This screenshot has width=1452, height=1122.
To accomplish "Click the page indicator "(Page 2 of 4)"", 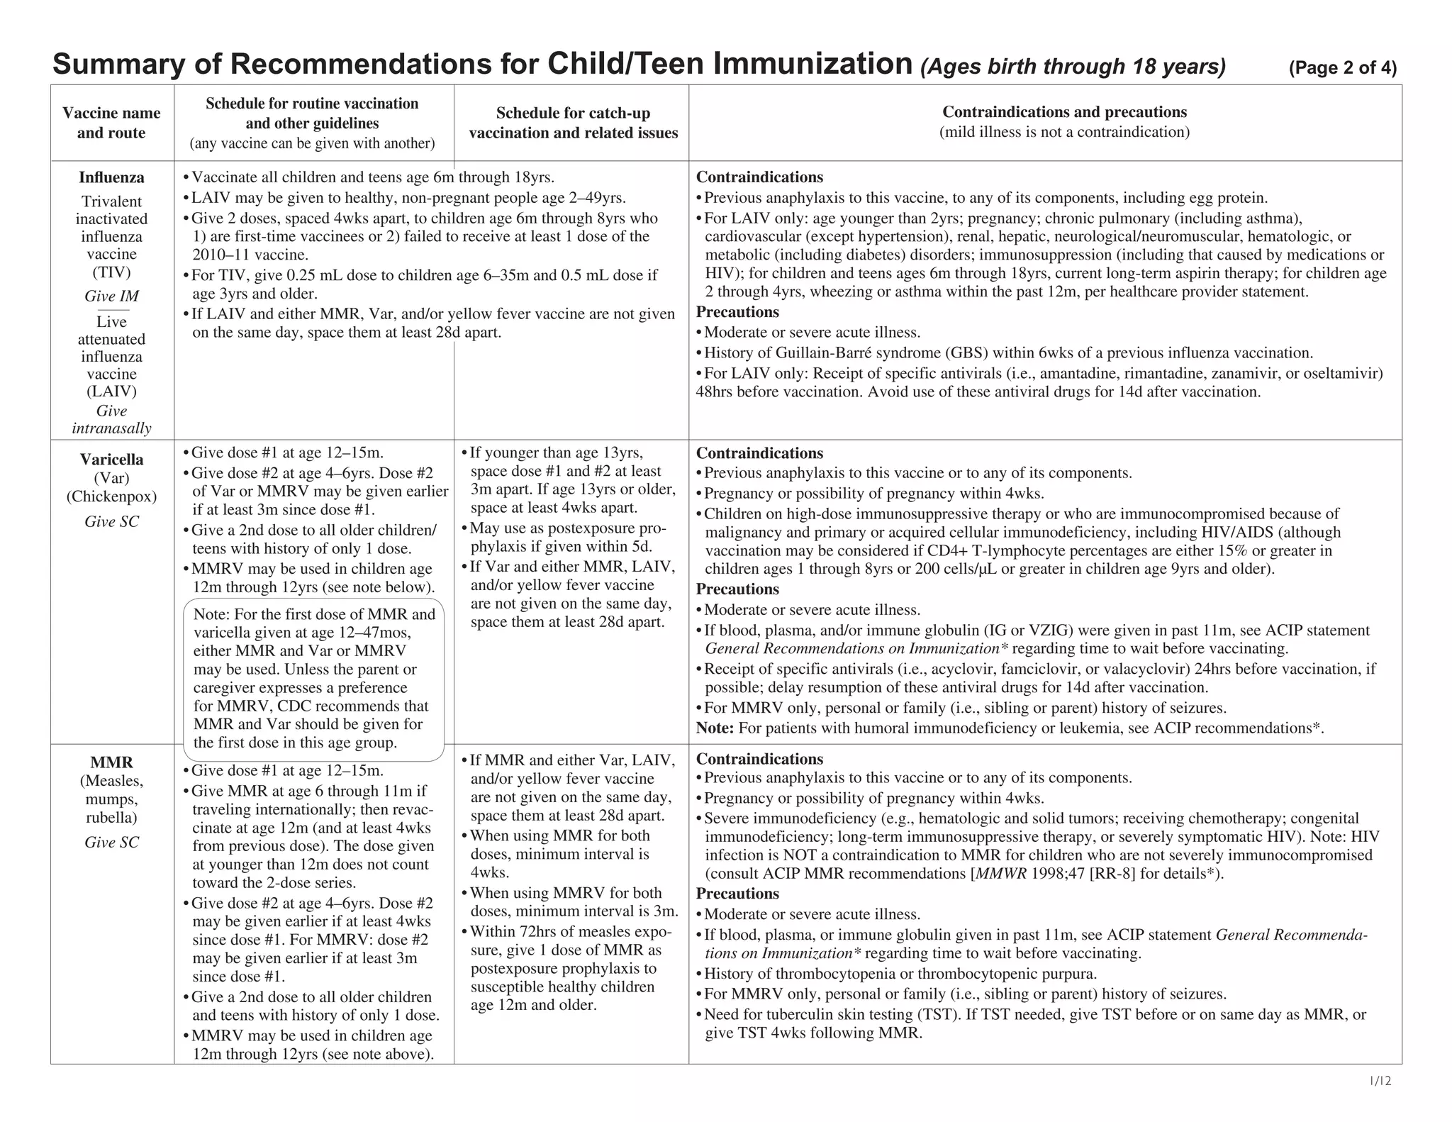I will click(x=1342, y=68).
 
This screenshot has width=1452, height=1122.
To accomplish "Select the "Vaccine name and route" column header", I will click(x=111, y=123).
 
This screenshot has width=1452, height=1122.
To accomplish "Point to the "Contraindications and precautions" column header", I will click(x=1063, y=112).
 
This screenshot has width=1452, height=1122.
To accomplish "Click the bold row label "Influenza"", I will click(x=111, y=177).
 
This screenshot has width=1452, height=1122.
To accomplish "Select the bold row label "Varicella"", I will click(x=111, y=460).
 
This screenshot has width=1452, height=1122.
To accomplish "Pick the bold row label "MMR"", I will click(x=111, y=762).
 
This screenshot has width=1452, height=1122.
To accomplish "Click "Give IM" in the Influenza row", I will click(x=111, y=296).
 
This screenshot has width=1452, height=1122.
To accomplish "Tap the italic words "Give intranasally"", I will click(x=111, y=419).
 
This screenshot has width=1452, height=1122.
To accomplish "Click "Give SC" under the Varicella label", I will click(x=111, y=521).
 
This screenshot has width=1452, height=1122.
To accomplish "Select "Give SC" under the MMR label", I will click(x=111, y=842).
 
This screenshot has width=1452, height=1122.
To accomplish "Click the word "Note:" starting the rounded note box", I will click(x=211, y=614).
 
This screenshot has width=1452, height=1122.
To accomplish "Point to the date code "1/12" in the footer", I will click(x=1380, y=1081).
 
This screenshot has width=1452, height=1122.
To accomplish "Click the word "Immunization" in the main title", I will click(x=812, y=64).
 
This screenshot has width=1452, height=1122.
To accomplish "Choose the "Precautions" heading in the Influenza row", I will click(x=737, y=312).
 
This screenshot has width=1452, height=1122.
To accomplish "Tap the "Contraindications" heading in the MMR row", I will click(x=759, y=759).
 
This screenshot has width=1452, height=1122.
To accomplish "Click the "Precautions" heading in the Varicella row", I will click(x=737, y=589).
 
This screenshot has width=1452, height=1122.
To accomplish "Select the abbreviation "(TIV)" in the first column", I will click(x=111, y=272).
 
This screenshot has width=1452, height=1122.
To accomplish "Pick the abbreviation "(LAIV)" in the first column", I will click(x=111, y=391).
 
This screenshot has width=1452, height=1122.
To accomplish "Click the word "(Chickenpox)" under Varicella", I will click(x=111, y=496).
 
